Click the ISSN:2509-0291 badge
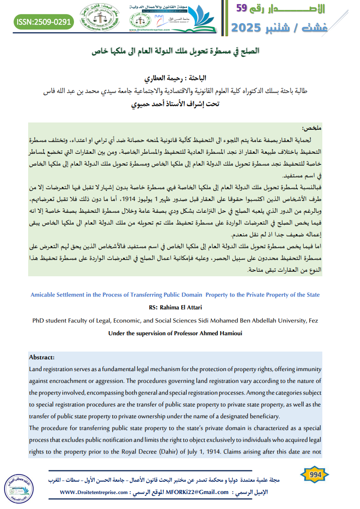tap(44, 22)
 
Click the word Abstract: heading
tap(41, 357)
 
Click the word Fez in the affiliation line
tap(313, 321)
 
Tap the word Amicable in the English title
tap(44, 295)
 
